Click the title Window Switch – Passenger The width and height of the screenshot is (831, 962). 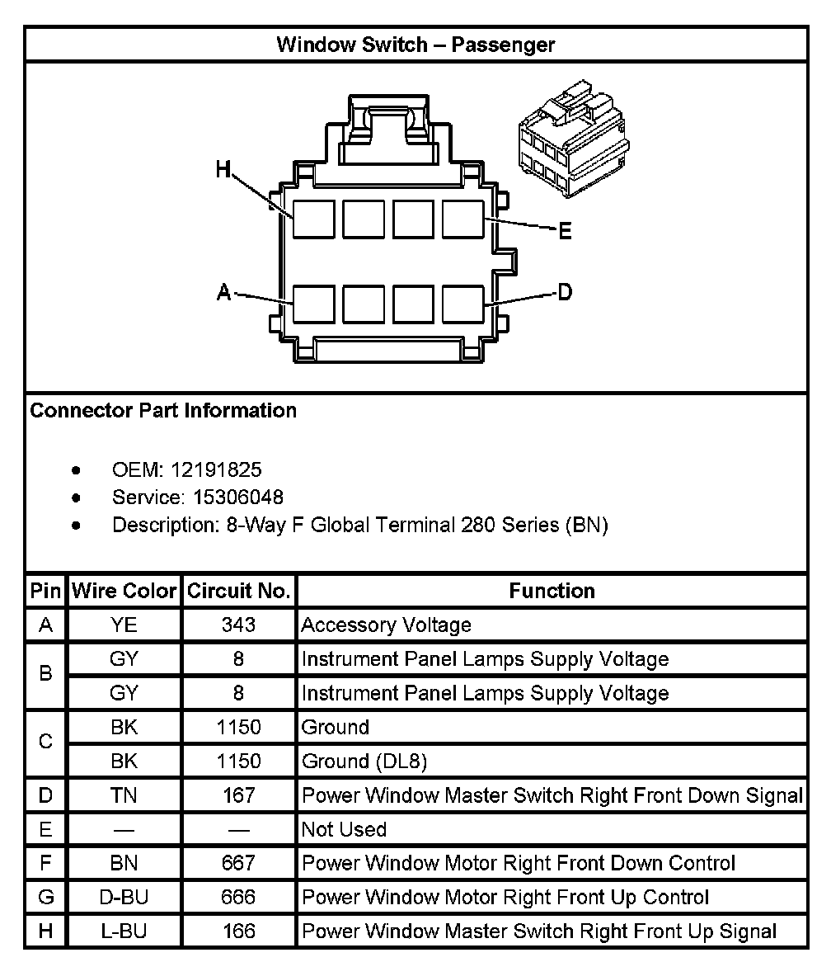[x=415, y=44]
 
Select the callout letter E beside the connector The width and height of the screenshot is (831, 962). [x=565, y=231]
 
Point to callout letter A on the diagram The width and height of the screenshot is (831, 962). [x=223, y=292]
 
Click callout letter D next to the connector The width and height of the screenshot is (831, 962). [x=565, y=291]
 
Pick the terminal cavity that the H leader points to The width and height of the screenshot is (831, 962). [x=314, y=219]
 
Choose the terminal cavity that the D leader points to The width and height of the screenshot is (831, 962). [x=462, y=304]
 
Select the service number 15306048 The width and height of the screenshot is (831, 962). [x=238, y=498]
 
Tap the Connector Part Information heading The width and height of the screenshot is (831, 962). [x=163, y=410]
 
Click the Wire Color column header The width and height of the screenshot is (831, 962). [x=124, y=592]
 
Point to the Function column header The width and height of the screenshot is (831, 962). [x=552, y=592]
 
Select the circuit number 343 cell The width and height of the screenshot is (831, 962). [x=238, y=625]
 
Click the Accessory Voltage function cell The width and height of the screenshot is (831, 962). [x=386, y=625]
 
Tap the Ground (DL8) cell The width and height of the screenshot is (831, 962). [x=364, y=762]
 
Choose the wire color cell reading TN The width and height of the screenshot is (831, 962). [x=124, y=795]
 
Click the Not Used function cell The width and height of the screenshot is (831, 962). [x=344, y=829]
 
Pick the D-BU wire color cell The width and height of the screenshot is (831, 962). [x=124, y=897]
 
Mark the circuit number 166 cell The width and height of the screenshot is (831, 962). [x=238, y=931]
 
